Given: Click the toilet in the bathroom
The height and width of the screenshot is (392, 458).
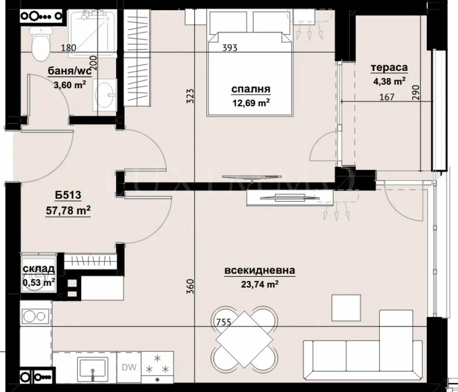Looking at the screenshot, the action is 41,43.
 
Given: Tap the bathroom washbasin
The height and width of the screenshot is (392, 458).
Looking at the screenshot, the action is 105,95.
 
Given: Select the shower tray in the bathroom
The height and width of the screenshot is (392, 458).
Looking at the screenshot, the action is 92,33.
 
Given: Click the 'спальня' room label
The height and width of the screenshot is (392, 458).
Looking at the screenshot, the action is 251,89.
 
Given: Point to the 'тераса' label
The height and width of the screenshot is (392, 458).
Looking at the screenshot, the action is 389,67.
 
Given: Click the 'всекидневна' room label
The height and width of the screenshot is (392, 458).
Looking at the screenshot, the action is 260,271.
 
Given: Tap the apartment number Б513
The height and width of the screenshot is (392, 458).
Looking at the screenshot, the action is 68,195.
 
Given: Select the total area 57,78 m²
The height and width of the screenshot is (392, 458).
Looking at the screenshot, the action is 68,210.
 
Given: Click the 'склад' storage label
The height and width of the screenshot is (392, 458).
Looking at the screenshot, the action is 38,269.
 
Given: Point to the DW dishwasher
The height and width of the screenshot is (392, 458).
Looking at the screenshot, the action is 129,367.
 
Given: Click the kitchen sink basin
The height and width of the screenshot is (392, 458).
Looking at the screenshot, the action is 93,367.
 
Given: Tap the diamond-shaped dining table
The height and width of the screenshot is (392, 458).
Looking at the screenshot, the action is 244,339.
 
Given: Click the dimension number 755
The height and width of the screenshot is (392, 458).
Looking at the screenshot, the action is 224,322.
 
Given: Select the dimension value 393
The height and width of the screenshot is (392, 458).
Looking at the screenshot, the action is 230,47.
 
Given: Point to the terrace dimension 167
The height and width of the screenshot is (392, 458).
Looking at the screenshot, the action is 387,97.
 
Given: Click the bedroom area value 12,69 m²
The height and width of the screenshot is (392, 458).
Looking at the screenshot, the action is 251,103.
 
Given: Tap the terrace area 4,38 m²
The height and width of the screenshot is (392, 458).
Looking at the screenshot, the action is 389,81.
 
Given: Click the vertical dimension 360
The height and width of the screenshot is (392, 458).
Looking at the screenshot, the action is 190,286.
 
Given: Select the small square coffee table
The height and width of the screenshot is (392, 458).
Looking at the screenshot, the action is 346,308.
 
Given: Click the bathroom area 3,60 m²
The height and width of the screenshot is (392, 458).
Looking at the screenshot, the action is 70,85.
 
